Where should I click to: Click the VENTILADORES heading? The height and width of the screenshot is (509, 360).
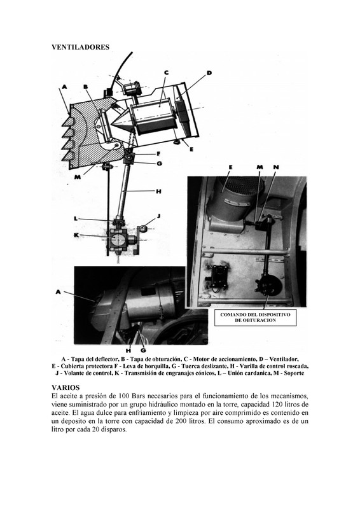tap(81, 47)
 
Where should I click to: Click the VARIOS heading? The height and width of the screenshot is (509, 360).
tap(66, 387)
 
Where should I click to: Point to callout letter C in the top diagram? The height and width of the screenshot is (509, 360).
tap(166, 73)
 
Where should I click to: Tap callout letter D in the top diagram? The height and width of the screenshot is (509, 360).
tap(209, 73)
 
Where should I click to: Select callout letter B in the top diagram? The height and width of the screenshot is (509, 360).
tap(86, 87)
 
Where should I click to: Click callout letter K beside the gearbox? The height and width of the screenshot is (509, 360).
tap(76, 235)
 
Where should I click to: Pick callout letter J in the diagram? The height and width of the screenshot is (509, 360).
tap(159, 216)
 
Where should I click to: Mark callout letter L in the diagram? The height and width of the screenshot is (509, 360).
tap(76, 218)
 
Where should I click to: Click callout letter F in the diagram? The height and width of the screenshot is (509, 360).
tap(158, 153)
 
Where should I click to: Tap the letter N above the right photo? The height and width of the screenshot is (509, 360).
tap(276, 167)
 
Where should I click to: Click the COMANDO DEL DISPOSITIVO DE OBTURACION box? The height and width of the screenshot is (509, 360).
tap(256, 317)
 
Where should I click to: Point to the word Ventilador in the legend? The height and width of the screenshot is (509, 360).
tap(284, 359)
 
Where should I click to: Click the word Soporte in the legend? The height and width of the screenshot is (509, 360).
tap(294, 373)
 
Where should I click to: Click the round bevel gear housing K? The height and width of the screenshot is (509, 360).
tap(118, 240)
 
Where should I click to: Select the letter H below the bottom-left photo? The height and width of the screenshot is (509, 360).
tap(128, 351)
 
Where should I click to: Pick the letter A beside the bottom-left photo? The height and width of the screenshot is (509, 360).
tap(58, 292)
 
